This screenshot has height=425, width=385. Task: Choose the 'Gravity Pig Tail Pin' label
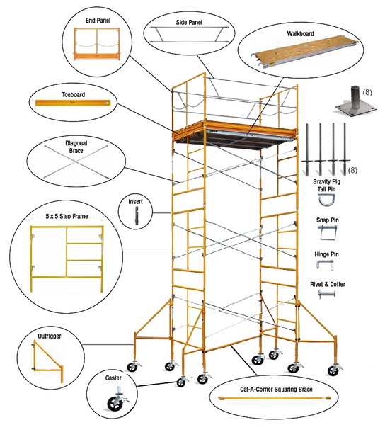pyautogui.click(x=327, y=186)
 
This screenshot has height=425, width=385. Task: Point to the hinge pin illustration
pyautogui.click(x=326, y=264)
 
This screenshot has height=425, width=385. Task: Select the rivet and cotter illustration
pyautogui.click(x=326, y=295)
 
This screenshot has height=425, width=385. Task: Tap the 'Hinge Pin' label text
pyautogui.click(x=327, y=252)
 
